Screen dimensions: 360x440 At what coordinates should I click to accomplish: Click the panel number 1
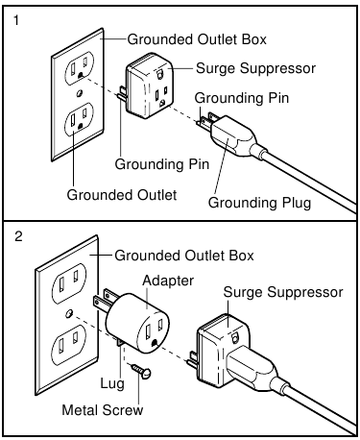click(16, 21)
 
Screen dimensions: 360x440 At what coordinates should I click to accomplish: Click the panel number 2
click(18, 236)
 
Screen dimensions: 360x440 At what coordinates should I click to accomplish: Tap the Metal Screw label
click(103, 410)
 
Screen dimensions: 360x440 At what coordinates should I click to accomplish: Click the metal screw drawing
click(141, 370)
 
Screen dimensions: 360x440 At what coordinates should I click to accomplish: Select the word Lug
click(112, 383)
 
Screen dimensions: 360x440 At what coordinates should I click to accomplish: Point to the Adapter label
click(168, 281)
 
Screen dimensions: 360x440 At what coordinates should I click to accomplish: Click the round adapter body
click(137, 321)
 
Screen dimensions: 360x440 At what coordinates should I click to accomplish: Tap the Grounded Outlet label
click(122, 195)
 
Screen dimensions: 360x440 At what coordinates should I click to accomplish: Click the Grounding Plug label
click(259, 203)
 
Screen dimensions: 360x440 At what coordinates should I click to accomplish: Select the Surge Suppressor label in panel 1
click(255, 68)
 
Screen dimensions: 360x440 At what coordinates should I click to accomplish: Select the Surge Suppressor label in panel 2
click(283, 292)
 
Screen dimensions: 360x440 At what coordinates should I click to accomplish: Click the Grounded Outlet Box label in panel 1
click(197, 39)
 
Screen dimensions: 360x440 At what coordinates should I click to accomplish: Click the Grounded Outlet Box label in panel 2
click(184, 256)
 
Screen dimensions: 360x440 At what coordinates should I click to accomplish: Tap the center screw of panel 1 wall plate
click(80, 93)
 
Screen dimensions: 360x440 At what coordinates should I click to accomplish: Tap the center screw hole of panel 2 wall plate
click(68, 313)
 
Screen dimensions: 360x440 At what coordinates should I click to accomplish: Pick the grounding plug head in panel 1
click(233, 134)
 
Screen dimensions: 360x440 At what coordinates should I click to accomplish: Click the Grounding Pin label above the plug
click(242, 98)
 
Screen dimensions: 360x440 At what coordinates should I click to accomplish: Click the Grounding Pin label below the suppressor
click(162, 164)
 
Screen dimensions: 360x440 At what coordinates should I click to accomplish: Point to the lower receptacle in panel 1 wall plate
click(79, 120)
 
